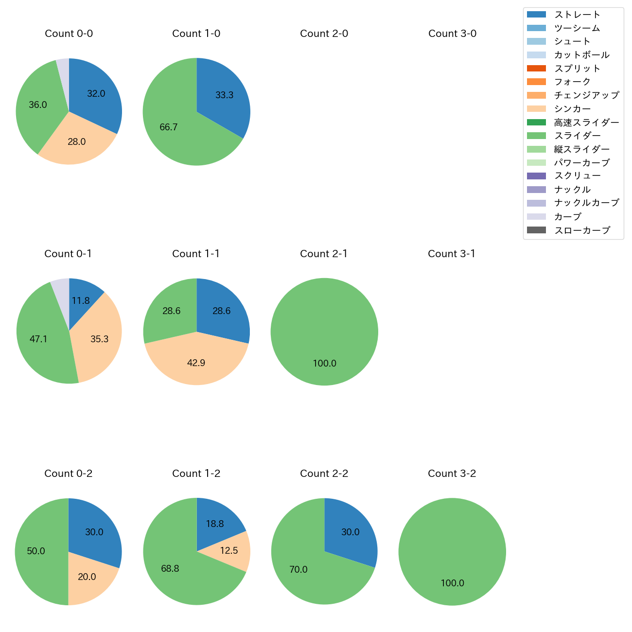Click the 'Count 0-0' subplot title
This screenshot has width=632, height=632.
69,34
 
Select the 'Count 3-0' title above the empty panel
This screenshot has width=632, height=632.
452,34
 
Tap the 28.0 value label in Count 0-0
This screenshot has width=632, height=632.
76,142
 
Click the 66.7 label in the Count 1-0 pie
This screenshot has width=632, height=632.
169,127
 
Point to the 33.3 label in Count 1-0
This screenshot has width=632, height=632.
224,95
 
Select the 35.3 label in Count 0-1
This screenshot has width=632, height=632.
99,339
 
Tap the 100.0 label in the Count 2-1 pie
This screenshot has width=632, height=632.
324,364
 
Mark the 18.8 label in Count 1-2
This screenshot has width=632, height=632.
214,524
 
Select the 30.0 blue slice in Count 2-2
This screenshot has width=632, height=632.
352,532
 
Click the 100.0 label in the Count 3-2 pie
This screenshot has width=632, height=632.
452,583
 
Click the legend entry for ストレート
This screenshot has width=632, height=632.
577,15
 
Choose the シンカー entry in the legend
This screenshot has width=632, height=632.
572,109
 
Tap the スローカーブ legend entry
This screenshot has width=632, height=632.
582,230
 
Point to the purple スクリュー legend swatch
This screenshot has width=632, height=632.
536,176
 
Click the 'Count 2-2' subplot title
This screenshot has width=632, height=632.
324,474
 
